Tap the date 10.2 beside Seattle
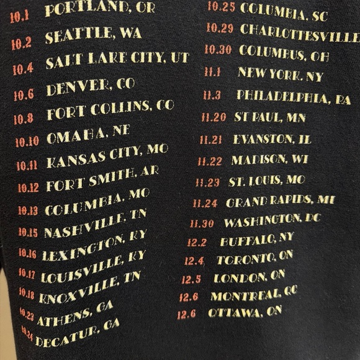tap(21, 43)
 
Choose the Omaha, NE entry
tap(88, 135)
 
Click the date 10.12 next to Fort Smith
tap(28, 187)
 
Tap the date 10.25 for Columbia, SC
tap(221, 8)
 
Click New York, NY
tap(280, 74)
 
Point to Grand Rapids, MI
tap(280, 201)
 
